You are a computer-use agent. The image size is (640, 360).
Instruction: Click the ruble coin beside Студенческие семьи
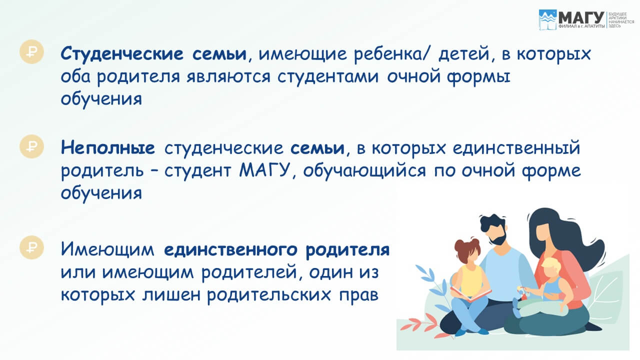[x=31, y=51]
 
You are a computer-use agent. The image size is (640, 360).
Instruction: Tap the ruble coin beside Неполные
[x=31, y=146]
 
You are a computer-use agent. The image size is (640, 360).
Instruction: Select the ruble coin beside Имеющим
[x=31, y=247]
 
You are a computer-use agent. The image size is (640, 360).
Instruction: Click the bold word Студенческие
[x=122, y=54]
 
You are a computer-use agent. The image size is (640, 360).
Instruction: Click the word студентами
[x=328, y=77]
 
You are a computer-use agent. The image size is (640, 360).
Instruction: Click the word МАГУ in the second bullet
[x=264, y=170]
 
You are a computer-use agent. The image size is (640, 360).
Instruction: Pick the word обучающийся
[x=364, y=171]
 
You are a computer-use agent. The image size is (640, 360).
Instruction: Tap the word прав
[x=358, y=295]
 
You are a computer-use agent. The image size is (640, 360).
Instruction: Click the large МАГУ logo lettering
[x=581, y=18]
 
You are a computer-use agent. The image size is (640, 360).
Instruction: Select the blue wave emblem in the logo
[x=547, y=19]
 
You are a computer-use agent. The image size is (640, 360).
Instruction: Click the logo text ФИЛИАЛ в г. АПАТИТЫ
[x=581, y=26]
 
